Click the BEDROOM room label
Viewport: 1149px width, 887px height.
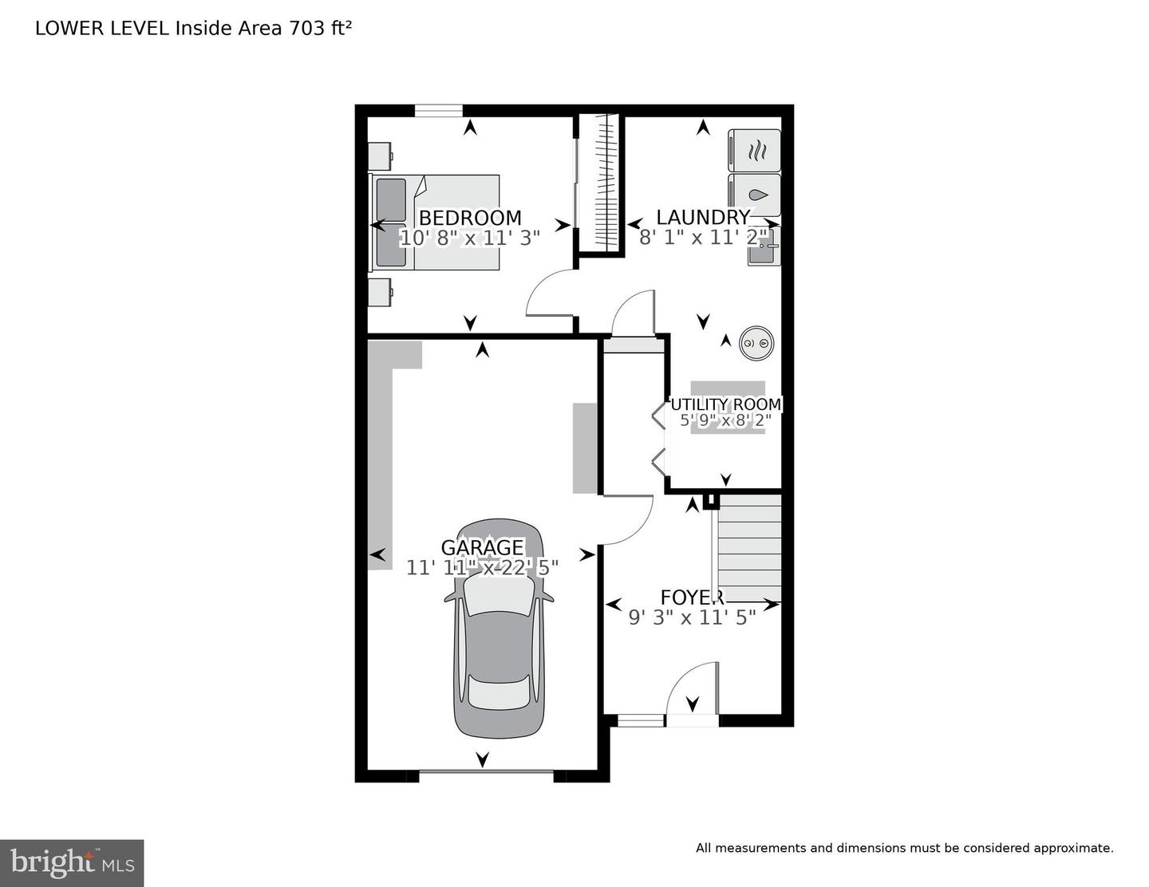[470, 218]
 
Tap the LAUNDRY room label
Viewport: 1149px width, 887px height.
[702, 217]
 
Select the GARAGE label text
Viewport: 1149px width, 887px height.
[482, 547]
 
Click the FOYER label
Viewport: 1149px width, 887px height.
[691, 597]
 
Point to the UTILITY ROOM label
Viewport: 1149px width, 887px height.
[725, 404]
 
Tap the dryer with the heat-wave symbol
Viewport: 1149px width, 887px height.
[755, 150]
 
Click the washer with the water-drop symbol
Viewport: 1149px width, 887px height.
[755, 195]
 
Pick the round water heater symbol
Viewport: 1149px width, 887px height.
[756, 343]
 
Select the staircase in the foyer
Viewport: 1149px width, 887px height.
[748, 548]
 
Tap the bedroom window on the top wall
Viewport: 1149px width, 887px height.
[438, 111]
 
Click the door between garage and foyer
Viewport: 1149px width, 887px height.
[628, 518]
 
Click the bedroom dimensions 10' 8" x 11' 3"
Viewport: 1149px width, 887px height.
[470, 238]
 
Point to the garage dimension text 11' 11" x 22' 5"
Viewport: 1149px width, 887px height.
[482, 568]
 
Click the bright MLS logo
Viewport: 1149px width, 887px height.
[72, 863]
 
